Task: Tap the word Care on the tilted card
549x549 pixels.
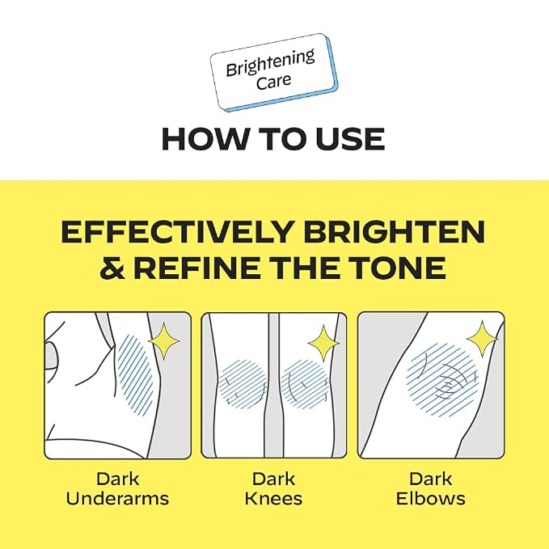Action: point(273,81)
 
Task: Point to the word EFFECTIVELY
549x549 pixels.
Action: point(177,232)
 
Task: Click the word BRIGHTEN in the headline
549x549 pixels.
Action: point(394,232)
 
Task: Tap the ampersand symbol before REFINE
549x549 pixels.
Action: point(112,268)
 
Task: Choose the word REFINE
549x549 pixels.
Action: point(199,268)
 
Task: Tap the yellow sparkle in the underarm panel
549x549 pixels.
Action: point(164,341)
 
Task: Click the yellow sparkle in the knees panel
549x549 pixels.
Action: point(324,344)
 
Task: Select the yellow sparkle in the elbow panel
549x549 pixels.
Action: point(482,339)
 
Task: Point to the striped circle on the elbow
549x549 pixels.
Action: point(442,379)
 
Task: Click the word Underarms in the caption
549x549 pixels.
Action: point(118,499)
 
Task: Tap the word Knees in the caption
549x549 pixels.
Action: point(273,499)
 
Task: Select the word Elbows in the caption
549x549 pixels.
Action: point(431,499)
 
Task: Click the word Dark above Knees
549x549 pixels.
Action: point(273,479)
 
